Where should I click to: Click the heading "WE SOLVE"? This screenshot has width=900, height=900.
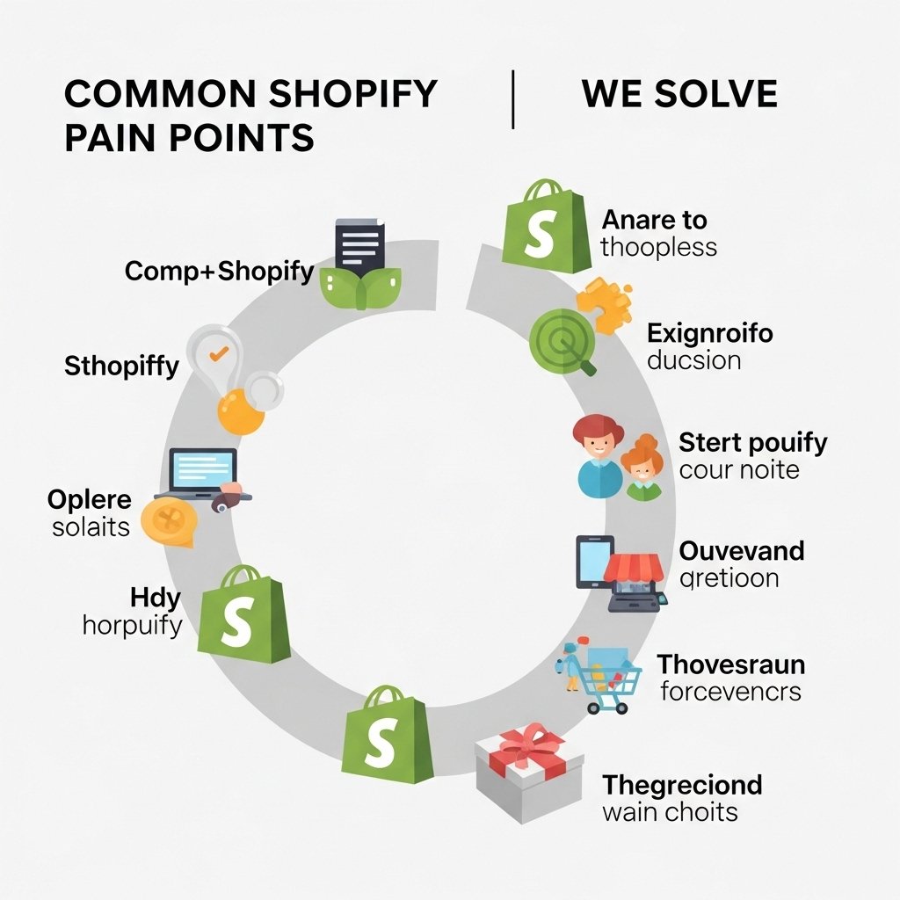point(679,94)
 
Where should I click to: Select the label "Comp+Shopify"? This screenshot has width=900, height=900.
point(219,271)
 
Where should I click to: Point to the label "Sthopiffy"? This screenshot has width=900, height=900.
point(121,366)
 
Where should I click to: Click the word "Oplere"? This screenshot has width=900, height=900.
point(89,501)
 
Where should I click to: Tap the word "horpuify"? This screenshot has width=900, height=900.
point(132,625)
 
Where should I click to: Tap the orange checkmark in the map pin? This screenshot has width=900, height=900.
point(218,352)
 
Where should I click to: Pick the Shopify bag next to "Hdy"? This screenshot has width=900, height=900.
point(243,615)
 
